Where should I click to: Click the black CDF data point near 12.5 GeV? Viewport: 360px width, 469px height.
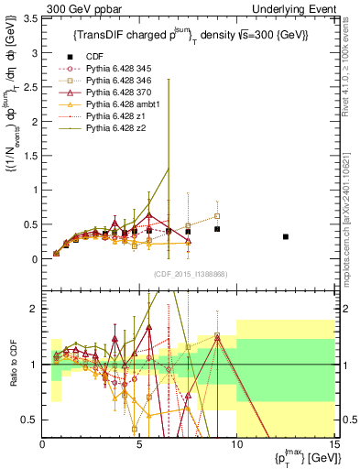[286, 236]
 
